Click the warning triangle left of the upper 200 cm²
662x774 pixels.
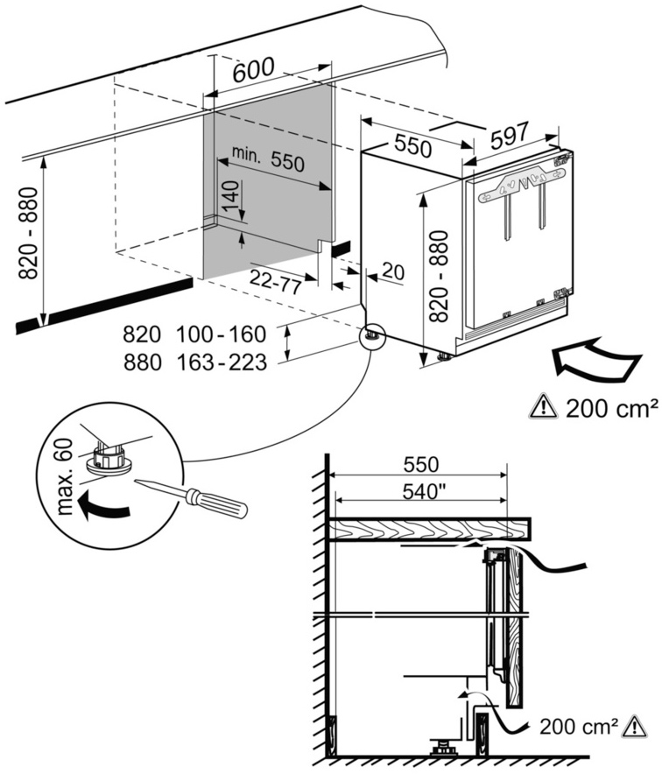pyautogui.click(x=543, y=407)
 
